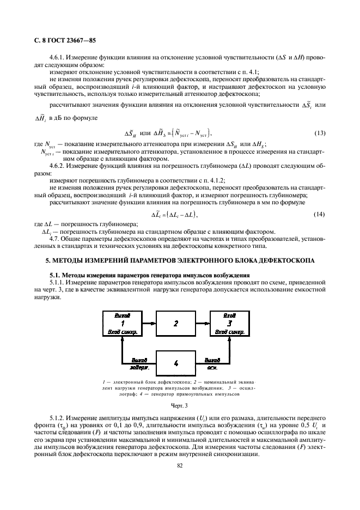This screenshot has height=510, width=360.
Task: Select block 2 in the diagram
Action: point(176,323)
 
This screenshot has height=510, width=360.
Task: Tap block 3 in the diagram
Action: point(229,323)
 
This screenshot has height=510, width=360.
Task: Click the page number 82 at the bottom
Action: point(179,465)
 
